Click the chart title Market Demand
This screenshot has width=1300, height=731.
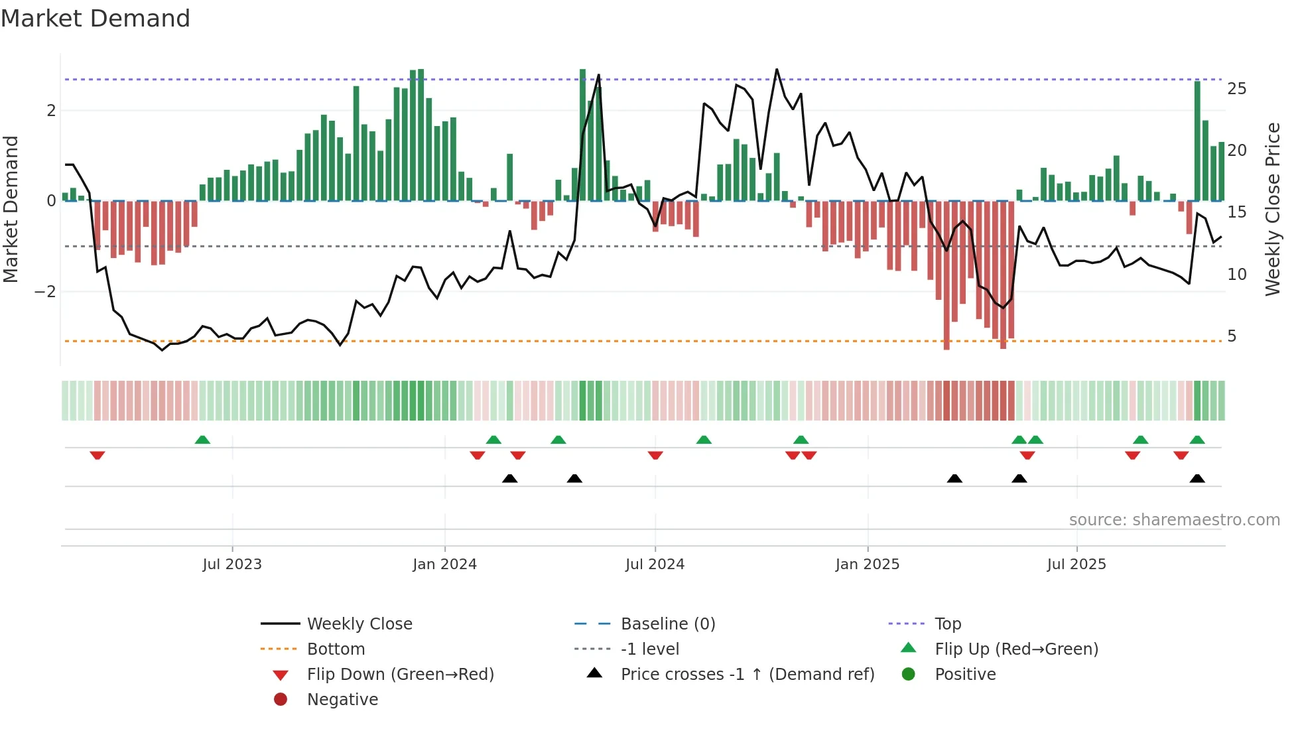[x=96, y=19]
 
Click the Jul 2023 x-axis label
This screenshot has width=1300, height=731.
[x=232, y=565]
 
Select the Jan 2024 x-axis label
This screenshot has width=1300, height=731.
[x=444, y=565]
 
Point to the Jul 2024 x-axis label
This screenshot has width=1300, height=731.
[x=655, y=565]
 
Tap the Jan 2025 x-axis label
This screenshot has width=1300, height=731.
[x=867, y=565]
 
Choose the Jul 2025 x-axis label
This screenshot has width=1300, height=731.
[x=1076, y=565]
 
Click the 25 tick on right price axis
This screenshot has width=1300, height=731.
[x=1236, y=89]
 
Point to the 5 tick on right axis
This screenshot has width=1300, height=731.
[x=1232, y=336]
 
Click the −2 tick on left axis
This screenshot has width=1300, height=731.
[x=45, y=292]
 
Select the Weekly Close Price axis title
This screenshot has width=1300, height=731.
[x=1272, y=209]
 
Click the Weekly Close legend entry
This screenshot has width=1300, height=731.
[x=359, y=624]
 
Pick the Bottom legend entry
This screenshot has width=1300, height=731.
[x=336, y=649]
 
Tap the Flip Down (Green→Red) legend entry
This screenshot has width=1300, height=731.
[x=400, y=675]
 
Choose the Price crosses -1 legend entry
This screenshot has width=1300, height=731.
[x=747, y=675]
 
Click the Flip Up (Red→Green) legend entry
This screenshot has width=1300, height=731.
[x=1016, y=649]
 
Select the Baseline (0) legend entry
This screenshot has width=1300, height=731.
[x=668, y=624]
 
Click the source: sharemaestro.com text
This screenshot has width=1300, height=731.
[x=1174, y=520]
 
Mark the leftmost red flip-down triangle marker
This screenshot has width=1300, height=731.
[x=97, y=455]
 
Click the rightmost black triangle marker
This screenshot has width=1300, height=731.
[x=1197, y=478]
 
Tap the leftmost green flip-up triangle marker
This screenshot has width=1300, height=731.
[x=202, y=440]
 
